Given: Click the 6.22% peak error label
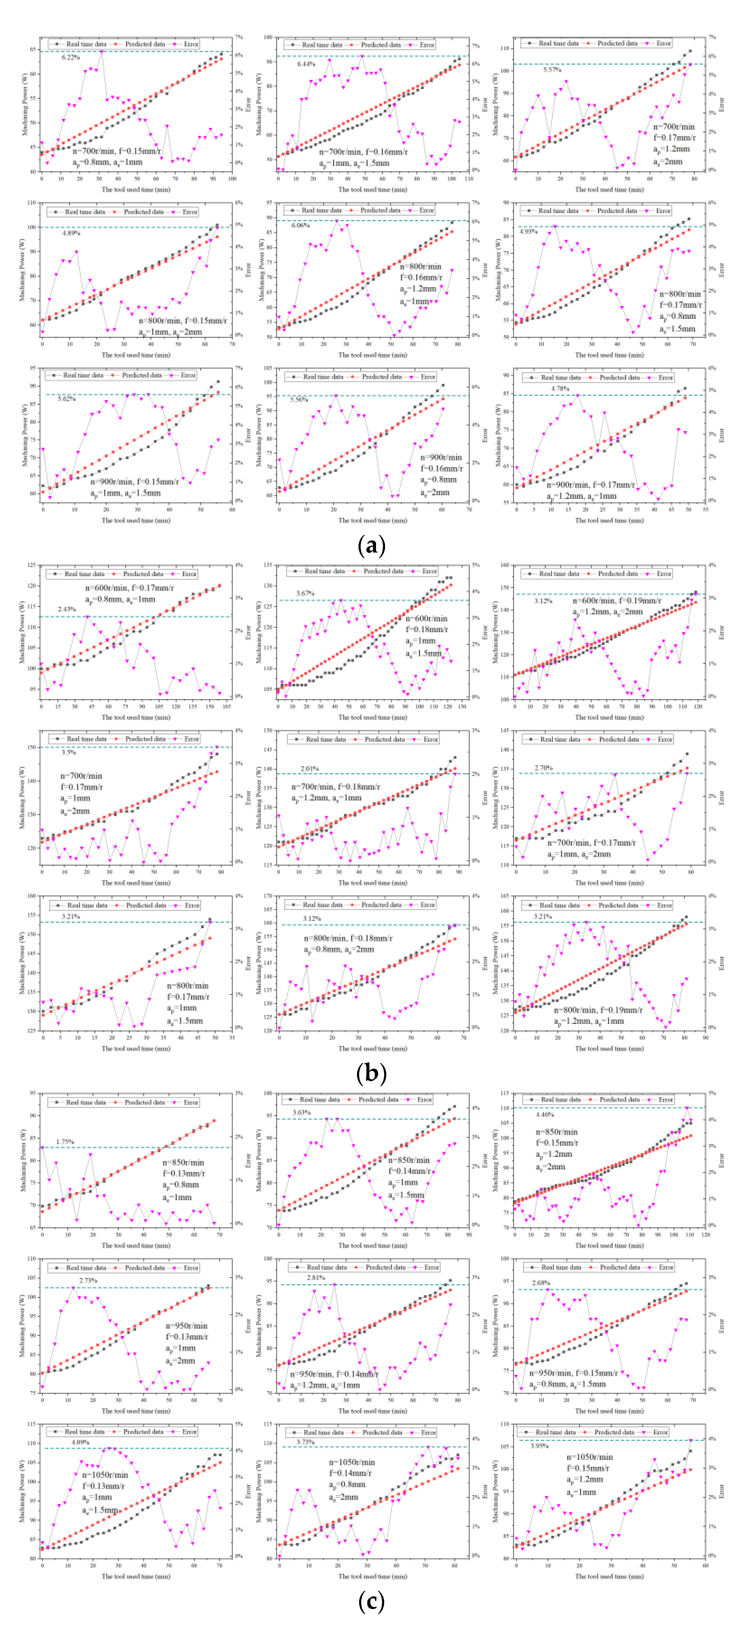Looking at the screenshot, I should [71, 58].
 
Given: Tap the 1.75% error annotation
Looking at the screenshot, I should [65, 1142].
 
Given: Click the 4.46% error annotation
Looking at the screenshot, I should [545, 1115].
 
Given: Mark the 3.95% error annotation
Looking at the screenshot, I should [539, 1445].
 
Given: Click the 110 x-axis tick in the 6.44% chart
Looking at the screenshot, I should [468, 179].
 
